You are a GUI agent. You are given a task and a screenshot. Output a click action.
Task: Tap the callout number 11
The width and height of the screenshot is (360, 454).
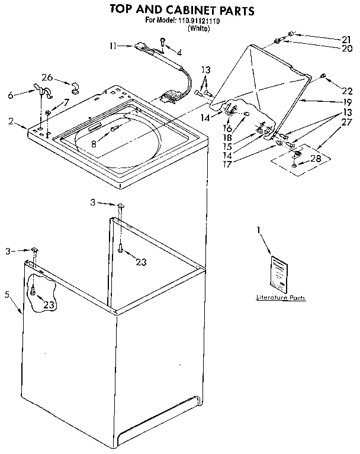114,45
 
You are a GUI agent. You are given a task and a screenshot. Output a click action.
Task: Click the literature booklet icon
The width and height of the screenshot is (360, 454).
278,273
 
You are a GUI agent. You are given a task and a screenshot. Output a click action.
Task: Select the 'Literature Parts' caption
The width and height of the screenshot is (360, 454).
281,298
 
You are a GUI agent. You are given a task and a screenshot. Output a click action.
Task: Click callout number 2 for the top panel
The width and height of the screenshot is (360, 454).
11,121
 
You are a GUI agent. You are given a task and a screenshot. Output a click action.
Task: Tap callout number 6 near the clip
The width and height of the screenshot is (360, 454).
10,94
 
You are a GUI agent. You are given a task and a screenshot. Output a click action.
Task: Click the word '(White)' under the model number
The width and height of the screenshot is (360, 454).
199,28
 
